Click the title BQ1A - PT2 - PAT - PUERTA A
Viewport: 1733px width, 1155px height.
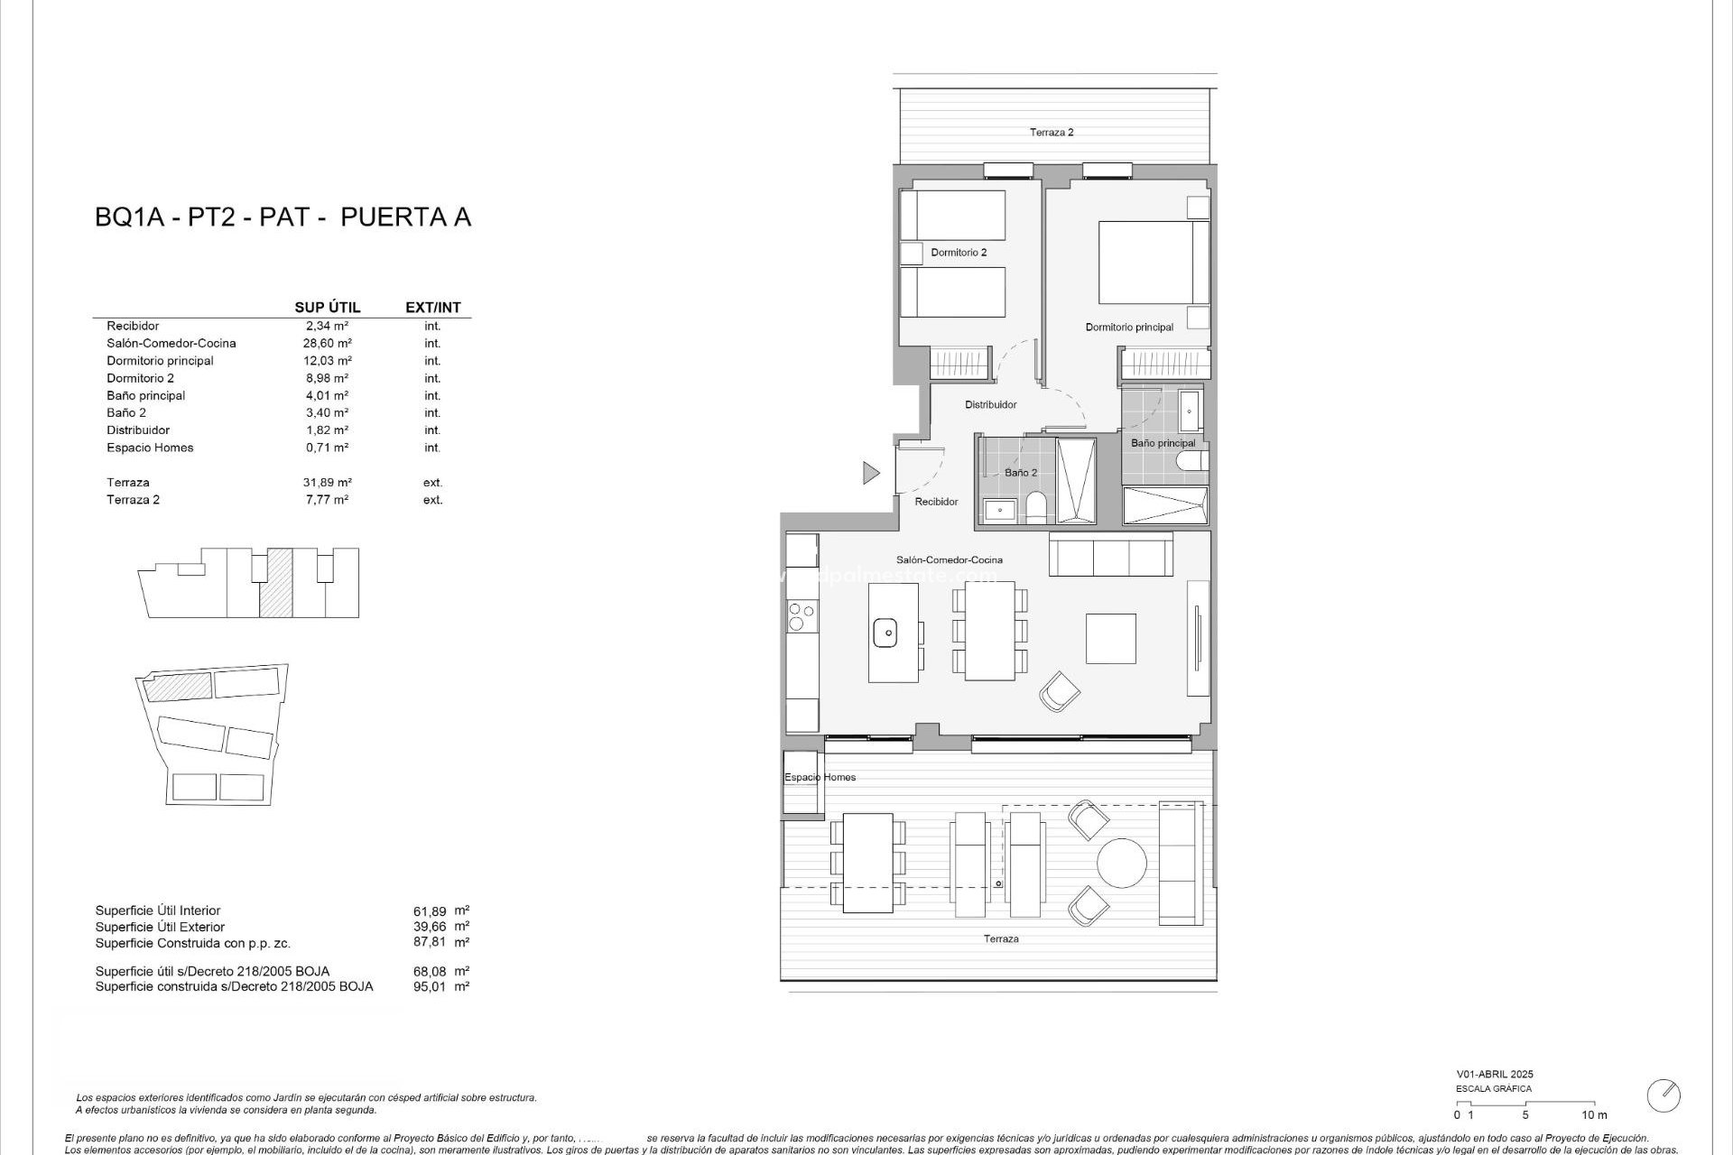[x=283, y=217]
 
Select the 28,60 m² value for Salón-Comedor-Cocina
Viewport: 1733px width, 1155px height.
[x=327, y=343]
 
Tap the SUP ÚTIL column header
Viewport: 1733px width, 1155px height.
[x=327, y=308]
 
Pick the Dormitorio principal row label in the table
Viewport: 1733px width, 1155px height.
[x=160, y=361]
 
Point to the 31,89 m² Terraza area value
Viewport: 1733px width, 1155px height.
[x=327, y=483]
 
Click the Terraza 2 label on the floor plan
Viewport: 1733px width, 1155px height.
[x=1052, y=133]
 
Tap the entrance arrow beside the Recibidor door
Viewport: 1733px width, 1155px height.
[x=871, y=472]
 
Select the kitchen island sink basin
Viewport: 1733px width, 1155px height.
[x=885, y=633]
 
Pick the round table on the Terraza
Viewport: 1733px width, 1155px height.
[x=1122, y=863]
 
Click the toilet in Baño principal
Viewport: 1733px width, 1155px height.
[x=1191, y=463]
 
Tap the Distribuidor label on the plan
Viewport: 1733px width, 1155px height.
[x=990, y=405]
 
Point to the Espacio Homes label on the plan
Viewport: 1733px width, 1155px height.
[x=820, y=777]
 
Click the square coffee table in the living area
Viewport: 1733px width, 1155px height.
[x=1110, y=638]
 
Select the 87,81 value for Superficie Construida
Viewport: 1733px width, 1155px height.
[x=429, y=942]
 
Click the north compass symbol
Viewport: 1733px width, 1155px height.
[x=1663, y=1095]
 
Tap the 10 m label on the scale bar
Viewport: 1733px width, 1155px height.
[x=1594, y=1115]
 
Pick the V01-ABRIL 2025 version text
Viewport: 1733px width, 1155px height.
[x=1494, y=1075]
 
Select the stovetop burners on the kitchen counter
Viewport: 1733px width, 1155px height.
[x=798, y=616]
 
